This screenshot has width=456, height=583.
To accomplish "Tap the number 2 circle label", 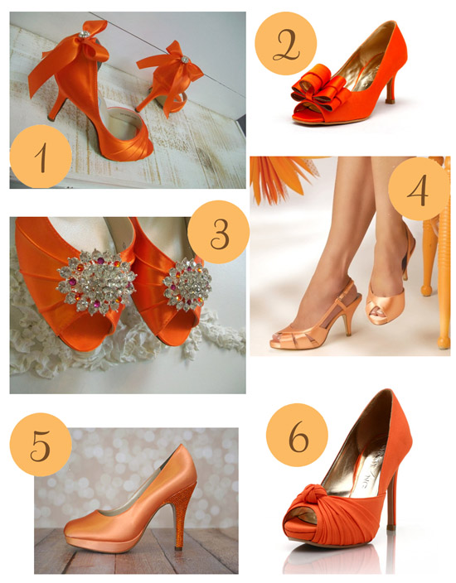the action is tap(286, 44).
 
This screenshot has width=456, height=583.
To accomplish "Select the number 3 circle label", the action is tap(219, 233).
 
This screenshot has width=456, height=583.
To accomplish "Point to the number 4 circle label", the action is tap(420, 189).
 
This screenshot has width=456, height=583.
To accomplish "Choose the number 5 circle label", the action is tap(41, 445).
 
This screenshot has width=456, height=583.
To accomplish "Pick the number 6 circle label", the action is tap(298, 436).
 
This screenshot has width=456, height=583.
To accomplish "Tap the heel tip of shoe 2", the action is tap(391, 101).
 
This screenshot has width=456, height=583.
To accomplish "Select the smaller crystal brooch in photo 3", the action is tap(187, 284).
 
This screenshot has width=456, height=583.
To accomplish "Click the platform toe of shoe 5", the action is tap(85, 532).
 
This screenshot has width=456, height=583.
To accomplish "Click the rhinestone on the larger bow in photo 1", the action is tap(85, 34).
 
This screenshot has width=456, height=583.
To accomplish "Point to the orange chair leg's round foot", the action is tap(444, 343).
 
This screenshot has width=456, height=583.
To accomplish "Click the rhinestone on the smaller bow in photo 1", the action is tap(185, 59).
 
